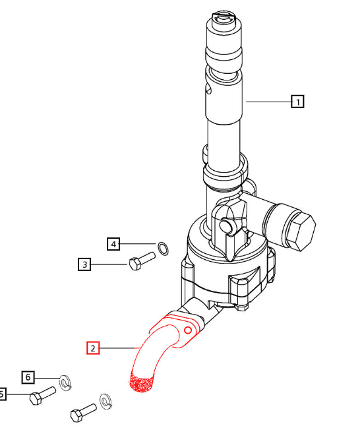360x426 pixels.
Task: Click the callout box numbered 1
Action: (x=298, y=102)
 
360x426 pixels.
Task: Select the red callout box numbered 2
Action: (x=93, y=348)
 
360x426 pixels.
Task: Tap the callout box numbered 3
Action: (x=84, y=265)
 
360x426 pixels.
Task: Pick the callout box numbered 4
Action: (x=114, y=244)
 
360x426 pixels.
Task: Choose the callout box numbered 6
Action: (x=28, y=377)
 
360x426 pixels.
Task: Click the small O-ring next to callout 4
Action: (x=164, y=248)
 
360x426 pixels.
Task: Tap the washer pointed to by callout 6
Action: (x=65, y=382)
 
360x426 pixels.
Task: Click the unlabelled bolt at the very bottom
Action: (x=83, y=413)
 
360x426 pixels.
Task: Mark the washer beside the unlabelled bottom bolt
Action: (x=106, y=400)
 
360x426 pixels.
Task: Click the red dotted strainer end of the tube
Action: (x=141, y=383)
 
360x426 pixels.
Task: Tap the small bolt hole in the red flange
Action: (x=189, y=329)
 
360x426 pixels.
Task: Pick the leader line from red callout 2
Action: (x=119, y=348)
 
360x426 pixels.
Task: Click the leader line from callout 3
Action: (x=109, y=265)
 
